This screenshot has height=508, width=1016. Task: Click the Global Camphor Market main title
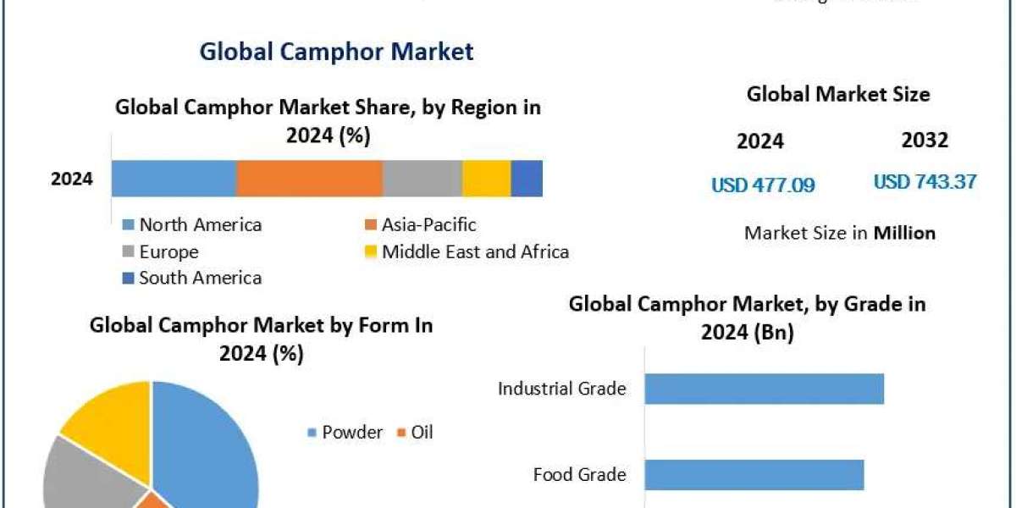click(336, 51)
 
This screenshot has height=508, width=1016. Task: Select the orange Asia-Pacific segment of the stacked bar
click(309, 179)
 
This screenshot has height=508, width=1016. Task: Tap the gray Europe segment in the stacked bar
click(422, 179)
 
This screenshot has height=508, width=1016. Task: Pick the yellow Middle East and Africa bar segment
click(486, 179)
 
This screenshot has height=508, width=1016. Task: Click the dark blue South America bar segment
click(527, 179)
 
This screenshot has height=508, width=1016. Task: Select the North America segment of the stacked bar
click(174, 179)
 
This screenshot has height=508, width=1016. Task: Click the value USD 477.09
click(763, 185)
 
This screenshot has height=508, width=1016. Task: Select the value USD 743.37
click(925, 181)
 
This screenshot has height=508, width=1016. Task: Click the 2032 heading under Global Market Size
click(925, 140)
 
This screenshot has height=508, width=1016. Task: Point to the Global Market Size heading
click(837, 94)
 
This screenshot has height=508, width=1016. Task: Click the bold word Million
click(904, 233)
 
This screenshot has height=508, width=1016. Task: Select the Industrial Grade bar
click(764, 389)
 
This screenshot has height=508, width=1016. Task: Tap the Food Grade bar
click(754, 474)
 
